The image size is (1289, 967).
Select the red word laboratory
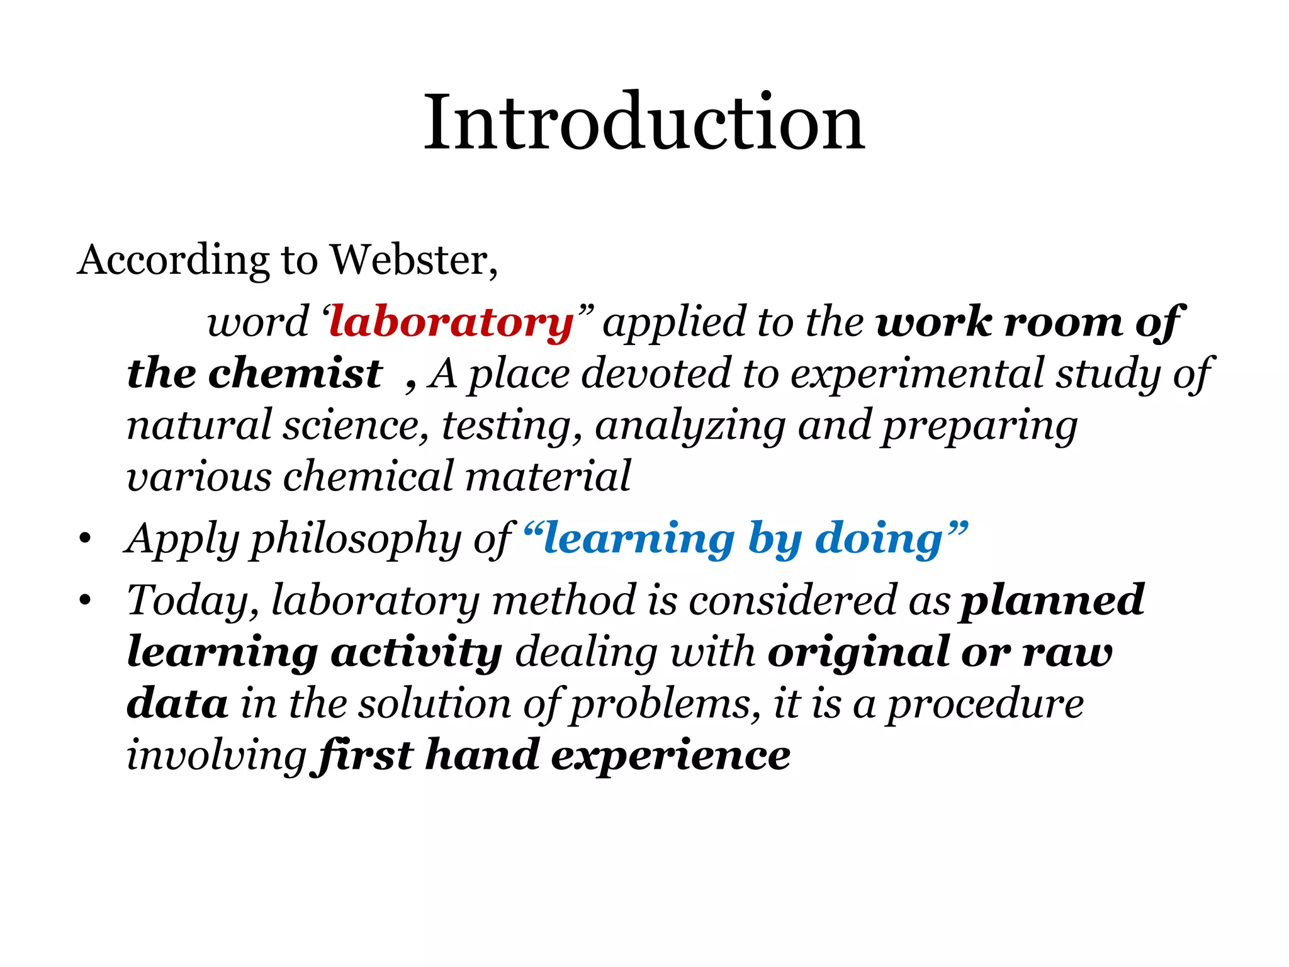[x=451, y=324]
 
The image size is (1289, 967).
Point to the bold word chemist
[x=295, y=373]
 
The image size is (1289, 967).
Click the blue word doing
[x=879, y=540]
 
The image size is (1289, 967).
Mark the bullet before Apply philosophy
[x=86, y=540]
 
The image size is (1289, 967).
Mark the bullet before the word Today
[x=86, y=601]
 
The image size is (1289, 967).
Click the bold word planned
[x=1052, y=601]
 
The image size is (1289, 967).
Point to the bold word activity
[x=417, y=652]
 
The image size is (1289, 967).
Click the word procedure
[x=985, y=704]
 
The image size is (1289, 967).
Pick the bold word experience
[x=671, y=755]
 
